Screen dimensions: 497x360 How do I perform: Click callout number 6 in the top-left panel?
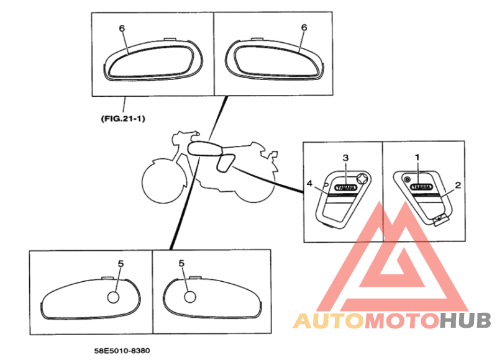pyautogui.click(x=122, y=29)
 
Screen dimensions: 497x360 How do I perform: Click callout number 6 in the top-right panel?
pyautogui.click(x=304, y=27)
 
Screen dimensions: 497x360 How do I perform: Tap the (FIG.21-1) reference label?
pyautogui.click(x=123, y=119)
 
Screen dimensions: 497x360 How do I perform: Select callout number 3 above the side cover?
pyautogui.click(x=345, y=158)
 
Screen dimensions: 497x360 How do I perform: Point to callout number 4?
pyautogui.click(x=309, y=183)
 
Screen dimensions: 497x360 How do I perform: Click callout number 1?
pyautogui.click(x=417, y=158)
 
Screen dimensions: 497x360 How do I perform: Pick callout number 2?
pyautogui.click(x=458, y=185)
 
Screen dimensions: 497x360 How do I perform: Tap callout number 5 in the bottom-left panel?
pyautogui.click(x=121, y=264)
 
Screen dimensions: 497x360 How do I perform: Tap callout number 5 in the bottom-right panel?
pyautogui.click(x=181, y=263)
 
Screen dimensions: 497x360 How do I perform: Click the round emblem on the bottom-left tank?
pyautogui.click(x=113, y=297)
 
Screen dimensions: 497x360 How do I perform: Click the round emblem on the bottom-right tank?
pyautogui.click(x=190, y=297)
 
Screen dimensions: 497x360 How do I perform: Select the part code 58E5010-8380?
pyautogui.click(x=122, y=351)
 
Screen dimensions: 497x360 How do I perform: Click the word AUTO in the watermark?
pyautogui.click(x=329, y=321)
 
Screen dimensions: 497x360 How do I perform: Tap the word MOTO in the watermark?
pyautogui.click(x=402, y=321)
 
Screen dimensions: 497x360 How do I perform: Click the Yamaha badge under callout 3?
pyautogui.click(x=345, y=187)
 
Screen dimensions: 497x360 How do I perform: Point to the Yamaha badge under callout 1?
pyautogui.click(x=421, y=187)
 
